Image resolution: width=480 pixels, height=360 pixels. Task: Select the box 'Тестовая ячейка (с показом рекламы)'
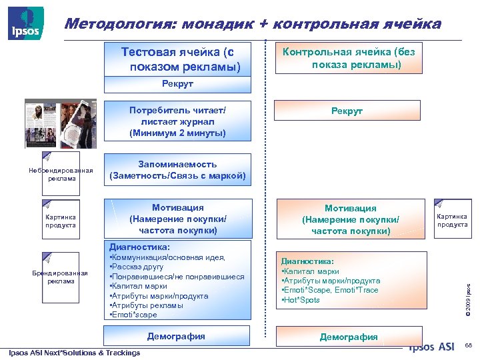coord(177,59)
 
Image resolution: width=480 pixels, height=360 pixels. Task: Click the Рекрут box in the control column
coord(347,111)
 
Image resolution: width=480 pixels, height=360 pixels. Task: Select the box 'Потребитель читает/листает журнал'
coord(177,121)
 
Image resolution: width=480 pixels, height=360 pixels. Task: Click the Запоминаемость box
coord(177,170)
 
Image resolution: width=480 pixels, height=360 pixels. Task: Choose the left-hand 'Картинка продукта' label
coord(60,221)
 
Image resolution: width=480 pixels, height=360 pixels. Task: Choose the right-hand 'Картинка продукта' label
coord(452,220)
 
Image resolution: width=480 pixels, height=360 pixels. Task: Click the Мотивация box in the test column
coord(177,219)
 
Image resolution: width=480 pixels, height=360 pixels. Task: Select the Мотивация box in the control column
coord(350,219)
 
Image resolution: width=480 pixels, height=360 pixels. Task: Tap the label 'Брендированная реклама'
coord(60,277)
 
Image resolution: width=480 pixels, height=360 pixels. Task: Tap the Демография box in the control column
coord(349,337)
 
